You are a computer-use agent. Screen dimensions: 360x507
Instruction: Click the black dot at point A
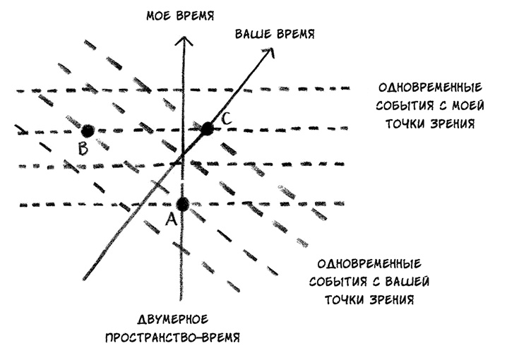point(183,204)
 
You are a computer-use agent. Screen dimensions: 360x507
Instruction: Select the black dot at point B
point(88,131)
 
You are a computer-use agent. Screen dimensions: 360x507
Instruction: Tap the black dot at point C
point(207,128)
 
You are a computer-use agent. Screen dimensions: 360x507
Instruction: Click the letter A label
point(169,220)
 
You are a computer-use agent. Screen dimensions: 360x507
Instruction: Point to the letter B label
point(83,148)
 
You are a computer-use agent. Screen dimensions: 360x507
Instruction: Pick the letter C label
point(224,119)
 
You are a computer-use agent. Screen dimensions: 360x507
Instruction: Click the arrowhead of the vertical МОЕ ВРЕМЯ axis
point(184,40)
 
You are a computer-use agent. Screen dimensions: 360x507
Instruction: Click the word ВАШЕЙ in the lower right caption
point(407,281)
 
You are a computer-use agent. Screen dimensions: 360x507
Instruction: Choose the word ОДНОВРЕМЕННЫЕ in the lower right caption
point(371,263)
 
